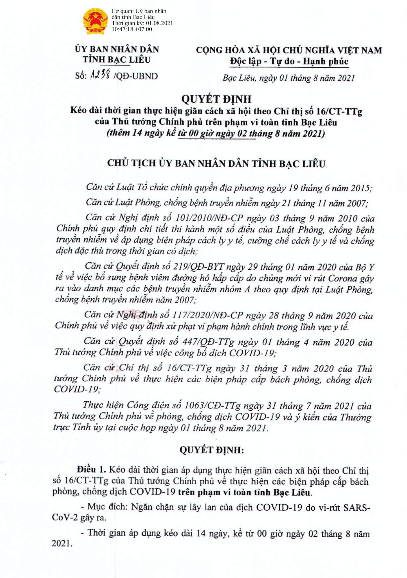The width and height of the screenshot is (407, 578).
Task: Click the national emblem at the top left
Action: pos(96,21)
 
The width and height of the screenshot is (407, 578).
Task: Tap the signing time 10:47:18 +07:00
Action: pos(132,29)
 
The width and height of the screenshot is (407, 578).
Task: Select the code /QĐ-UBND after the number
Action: pos(136,76)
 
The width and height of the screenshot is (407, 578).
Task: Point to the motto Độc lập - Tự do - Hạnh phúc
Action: pos(289,61)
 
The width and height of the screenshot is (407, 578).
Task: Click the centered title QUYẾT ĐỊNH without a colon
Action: pos(216,99)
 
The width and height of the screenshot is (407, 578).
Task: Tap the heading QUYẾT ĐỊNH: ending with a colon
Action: pos(212,450)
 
